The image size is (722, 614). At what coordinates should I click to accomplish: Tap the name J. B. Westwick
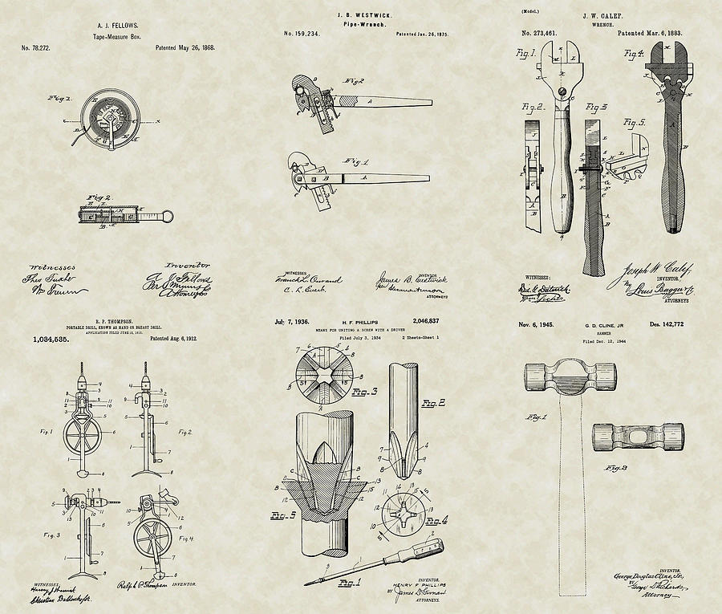click(x=359, y=13)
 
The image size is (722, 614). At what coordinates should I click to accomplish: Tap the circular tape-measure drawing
click(x=106, y=120)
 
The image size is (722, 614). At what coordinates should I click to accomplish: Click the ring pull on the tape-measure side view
click(x=168, y=215)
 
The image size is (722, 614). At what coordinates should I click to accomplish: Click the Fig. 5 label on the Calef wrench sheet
click(x=635, y=123)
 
